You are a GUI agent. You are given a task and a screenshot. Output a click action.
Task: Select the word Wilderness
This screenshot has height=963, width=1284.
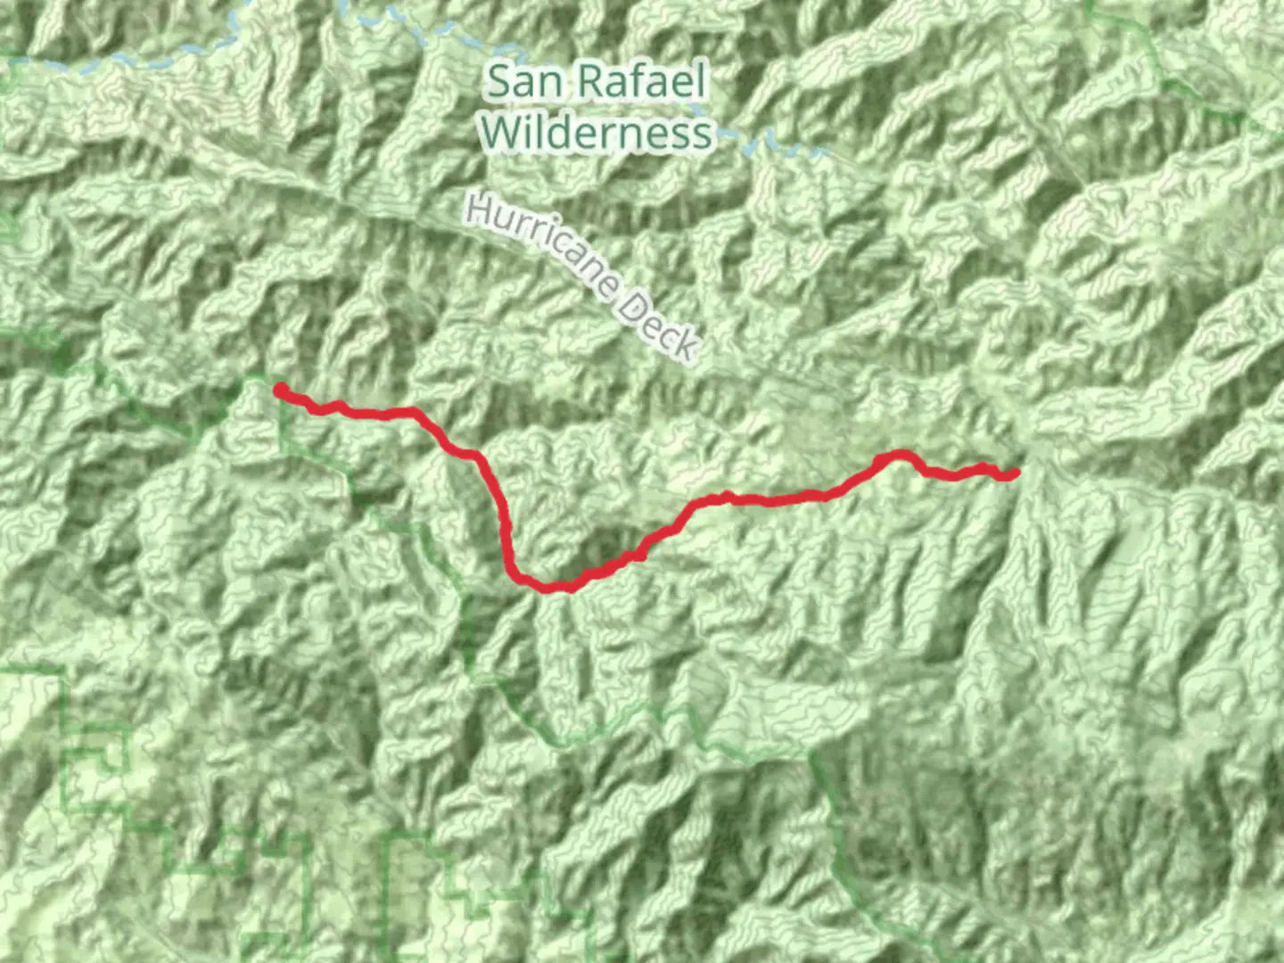[596, 134]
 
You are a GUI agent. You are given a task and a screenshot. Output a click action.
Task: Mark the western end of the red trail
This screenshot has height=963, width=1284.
[280, 390]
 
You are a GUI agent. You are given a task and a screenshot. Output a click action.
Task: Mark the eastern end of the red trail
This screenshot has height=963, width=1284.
[1014, 473]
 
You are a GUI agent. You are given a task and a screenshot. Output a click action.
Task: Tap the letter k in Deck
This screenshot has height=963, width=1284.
[686, 346]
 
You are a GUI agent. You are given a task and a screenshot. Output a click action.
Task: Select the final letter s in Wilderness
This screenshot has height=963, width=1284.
[702, 136]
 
